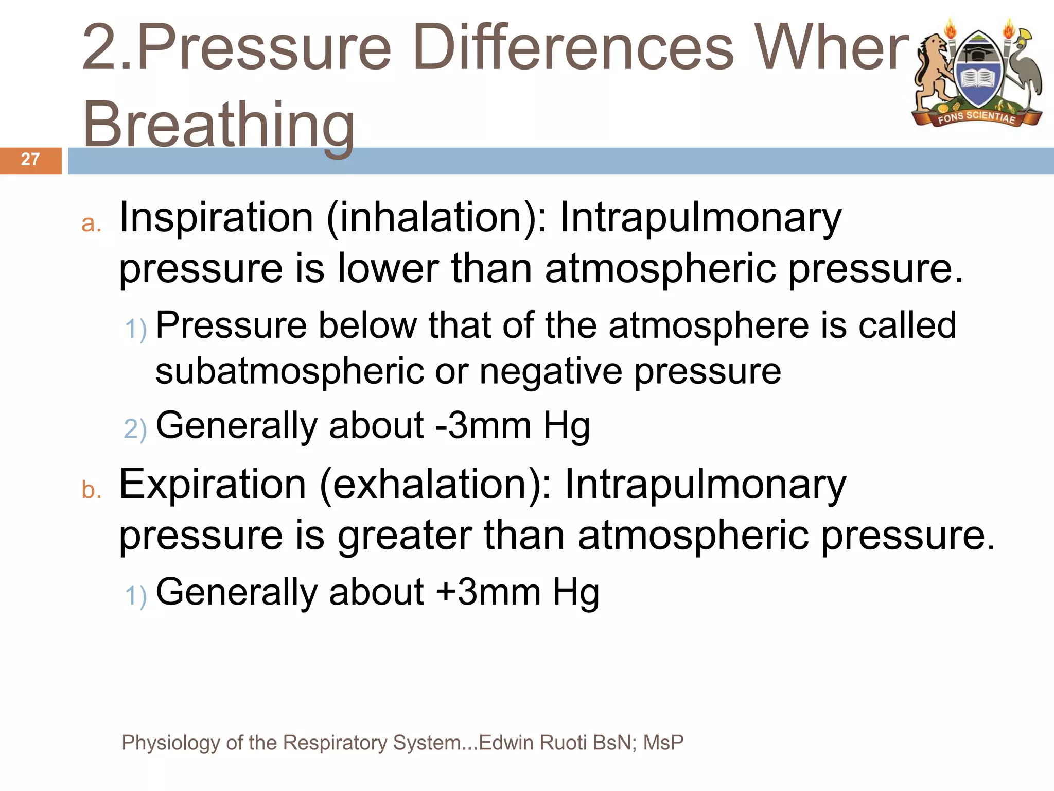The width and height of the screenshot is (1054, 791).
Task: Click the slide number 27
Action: point(30,159)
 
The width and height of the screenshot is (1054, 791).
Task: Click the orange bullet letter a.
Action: point(92,224)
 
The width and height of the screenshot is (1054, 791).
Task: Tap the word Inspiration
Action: point(216,218)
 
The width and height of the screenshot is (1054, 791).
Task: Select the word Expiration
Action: point(213,485)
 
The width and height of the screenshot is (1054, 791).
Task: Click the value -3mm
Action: point(483,426)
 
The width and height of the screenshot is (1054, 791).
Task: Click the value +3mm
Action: point(488,592)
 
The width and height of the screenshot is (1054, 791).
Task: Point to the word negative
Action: point(551,371)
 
